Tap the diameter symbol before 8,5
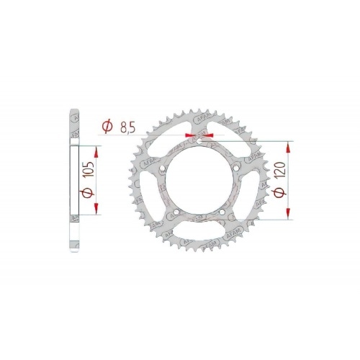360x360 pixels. (107, 127)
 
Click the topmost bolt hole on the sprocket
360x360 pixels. (199, 141)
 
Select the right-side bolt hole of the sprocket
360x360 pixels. (234, 167)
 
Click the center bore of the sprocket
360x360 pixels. (199, 180)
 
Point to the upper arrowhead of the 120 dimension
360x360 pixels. (289, 145)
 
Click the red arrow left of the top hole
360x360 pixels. (189, 135)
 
